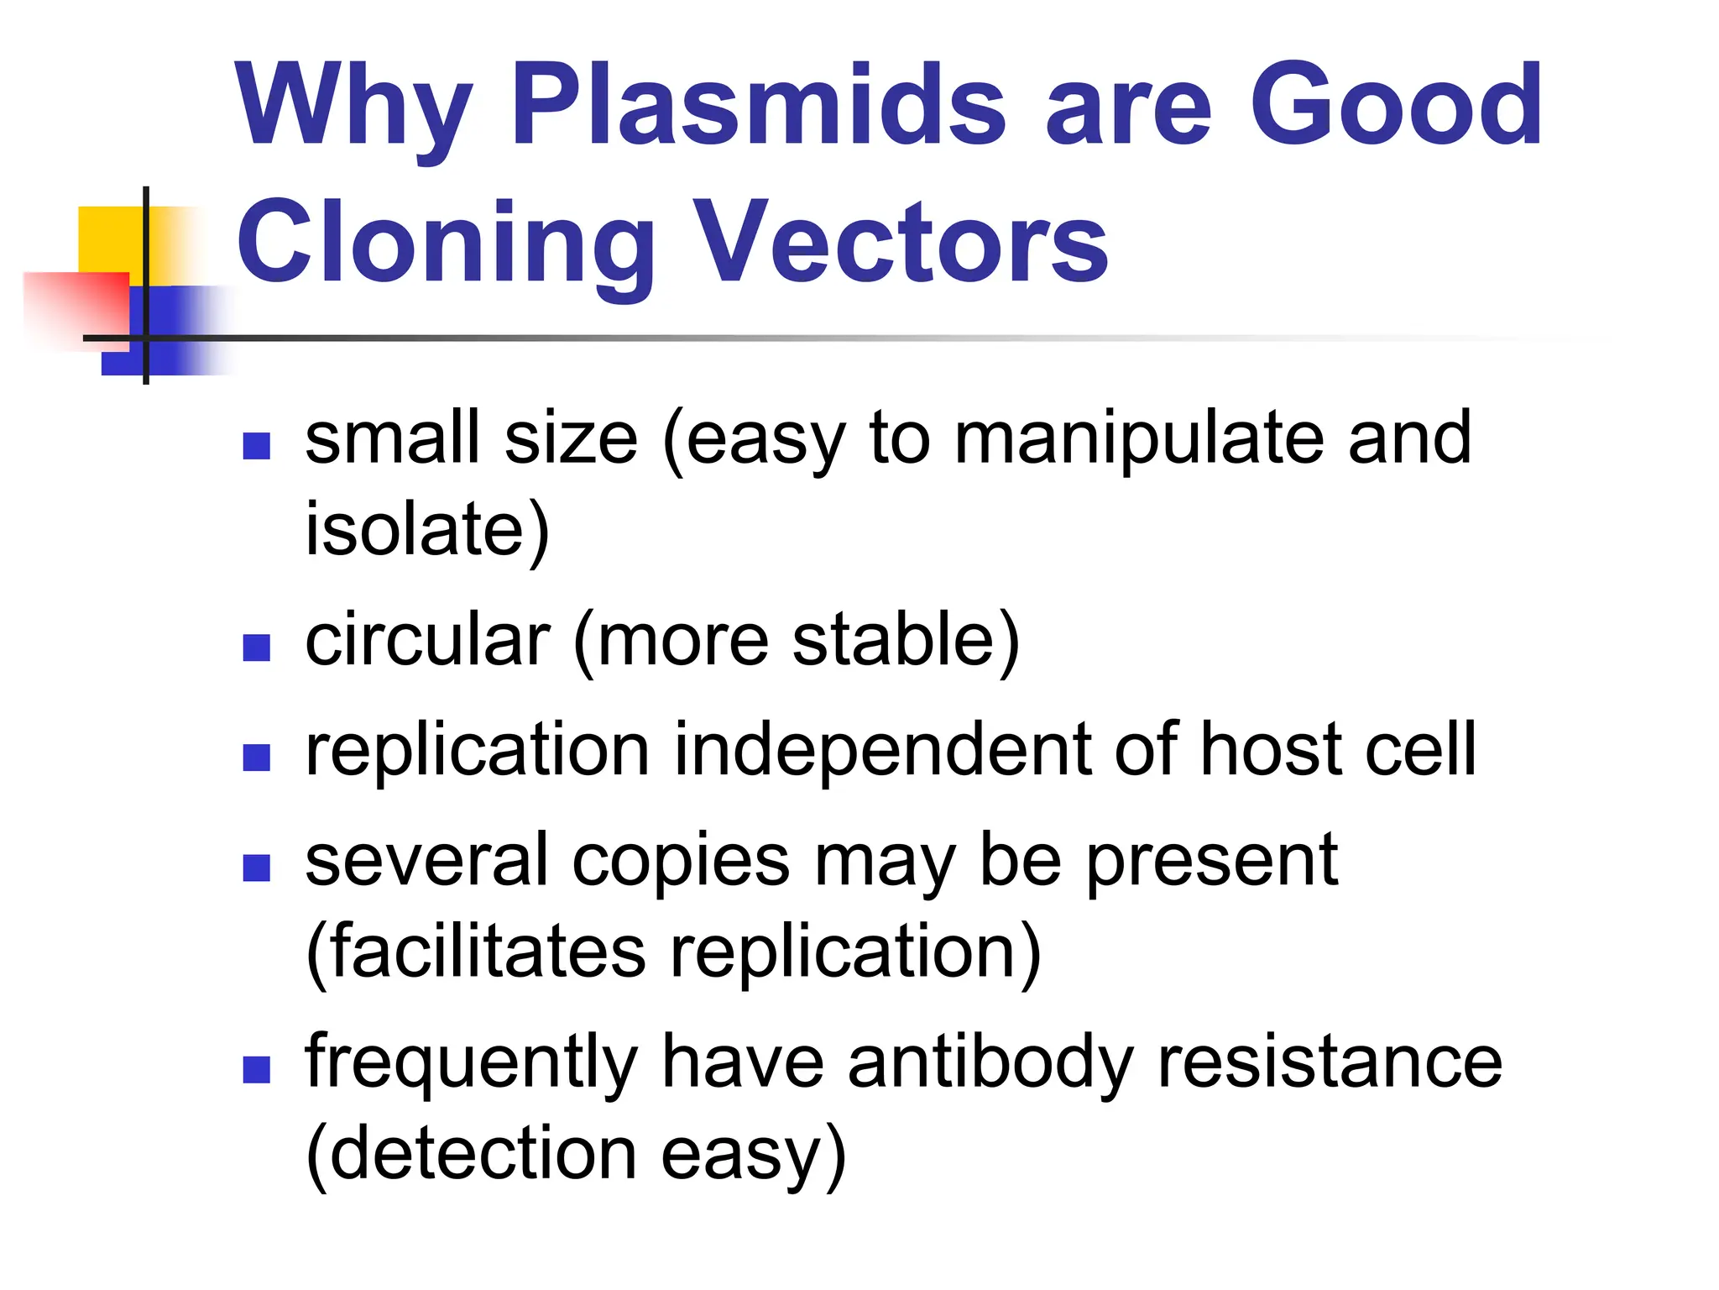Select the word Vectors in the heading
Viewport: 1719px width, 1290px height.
pyautogui.click(x=901, y=244)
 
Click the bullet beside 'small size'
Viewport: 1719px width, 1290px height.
pyautogui.click(x=256, y=446)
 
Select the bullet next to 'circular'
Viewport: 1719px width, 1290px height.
pyautogui.click(x=256, y=648)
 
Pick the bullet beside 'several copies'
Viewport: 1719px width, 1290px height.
pyautogui.click(x=256, y=868)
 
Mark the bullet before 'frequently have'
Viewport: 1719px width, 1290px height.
pyautogui.click(x=256, y=1069)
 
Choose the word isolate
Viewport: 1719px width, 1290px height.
pyautogui.click(x=426, y=531)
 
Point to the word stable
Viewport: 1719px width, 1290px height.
pyautogui.click(x=905, y=641)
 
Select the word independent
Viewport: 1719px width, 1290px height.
pyautogui.click(x=881, y=751)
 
